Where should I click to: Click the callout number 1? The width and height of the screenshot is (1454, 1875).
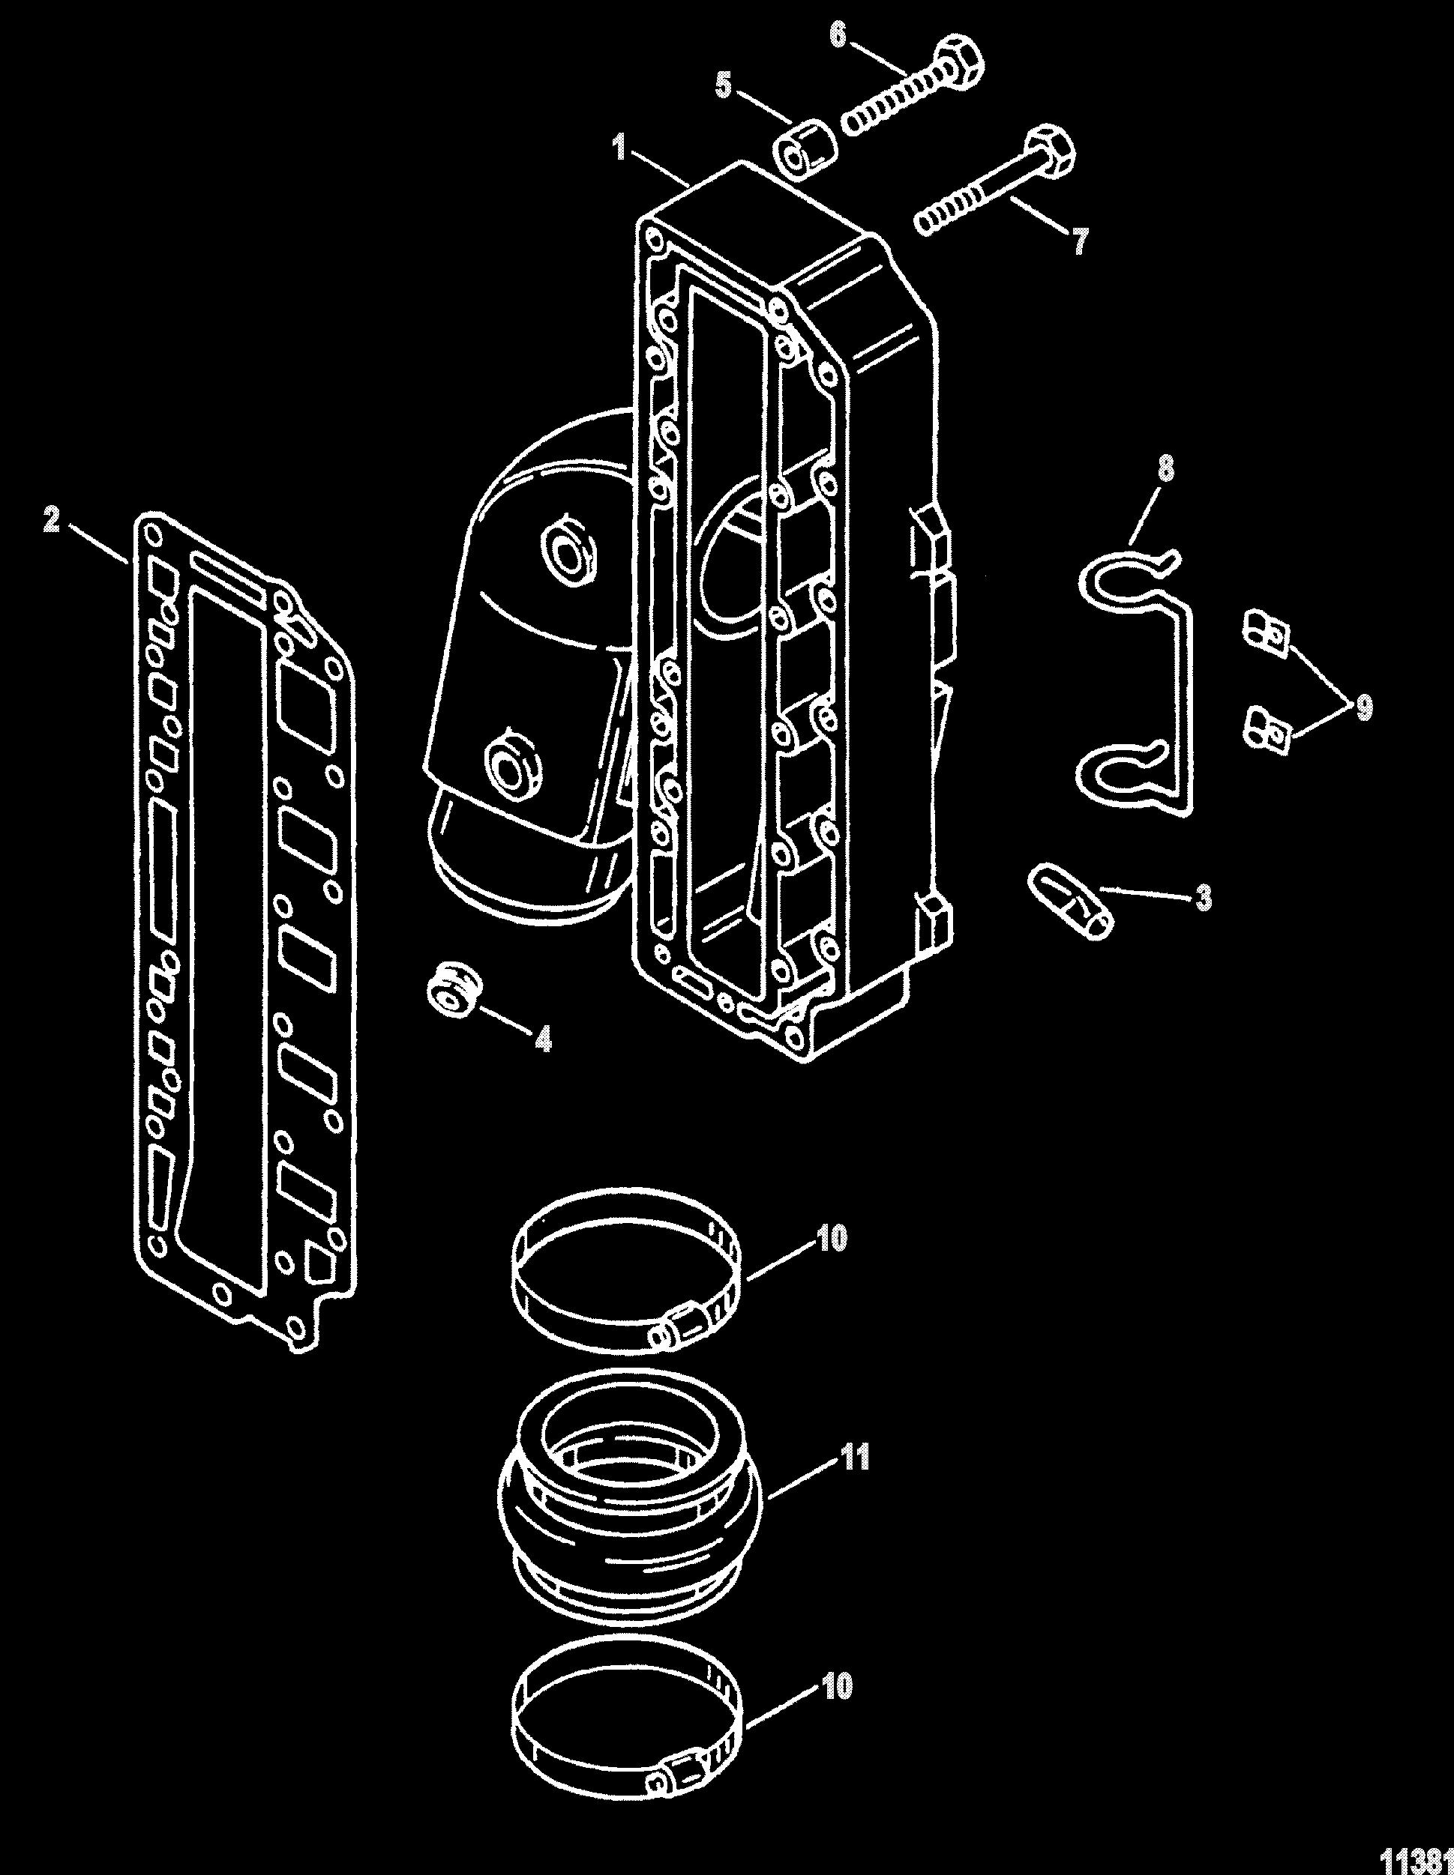tap(619, 148)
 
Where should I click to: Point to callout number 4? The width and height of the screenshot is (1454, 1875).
tap(543, 1039)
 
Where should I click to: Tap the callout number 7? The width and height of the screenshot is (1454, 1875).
tap(1077, 241)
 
